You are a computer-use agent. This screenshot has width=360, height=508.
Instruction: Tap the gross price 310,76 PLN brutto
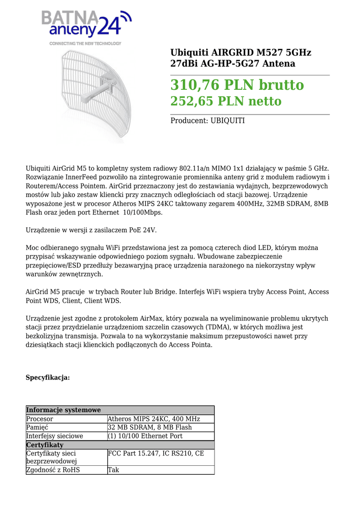237,85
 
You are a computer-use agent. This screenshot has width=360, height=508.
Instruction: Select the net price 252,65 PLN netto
225,102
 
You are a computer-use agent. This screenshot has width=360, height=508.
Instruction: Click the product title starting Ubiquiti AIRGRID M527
241,58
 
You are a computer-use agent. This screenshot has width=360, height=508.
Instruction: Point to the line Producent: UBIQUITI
208,121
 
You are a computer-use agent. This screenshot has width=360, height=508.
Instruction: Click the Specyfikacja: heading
48,378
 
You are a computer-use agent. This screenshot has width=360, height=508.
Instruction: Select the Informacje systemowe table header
64,410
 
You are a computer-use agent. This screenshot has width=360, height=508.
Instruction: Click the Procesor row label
40,419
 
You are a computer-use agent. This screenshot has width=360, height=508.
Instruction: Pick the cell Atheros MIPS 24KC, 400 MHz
153,419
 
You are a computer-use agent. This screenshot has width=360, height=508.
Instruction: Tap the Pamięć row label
37,428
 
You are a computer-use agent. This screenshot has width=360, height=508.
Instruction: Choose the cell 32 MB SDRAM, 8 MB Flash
149,428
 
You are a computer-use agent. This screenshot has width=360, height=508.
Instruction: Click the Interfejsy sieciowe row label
55,436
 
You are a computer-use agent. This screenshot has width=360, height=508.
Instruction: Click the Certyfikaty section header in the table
45,445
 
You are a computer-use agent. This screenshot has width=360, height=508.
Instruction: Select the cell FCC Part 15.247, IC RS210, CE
155,453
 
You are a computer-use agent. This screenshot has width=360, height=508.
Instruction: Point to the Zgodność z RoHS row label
53,470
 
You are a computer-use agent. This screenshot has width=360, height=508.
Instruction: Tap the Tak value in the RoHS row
114,470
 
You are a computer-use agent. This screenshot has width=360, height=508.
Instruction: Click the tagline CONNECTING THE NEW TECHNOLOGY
85,44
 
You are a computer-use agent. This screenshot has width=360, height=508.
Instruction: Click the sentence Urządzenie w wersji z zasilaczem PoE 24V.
91,230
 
